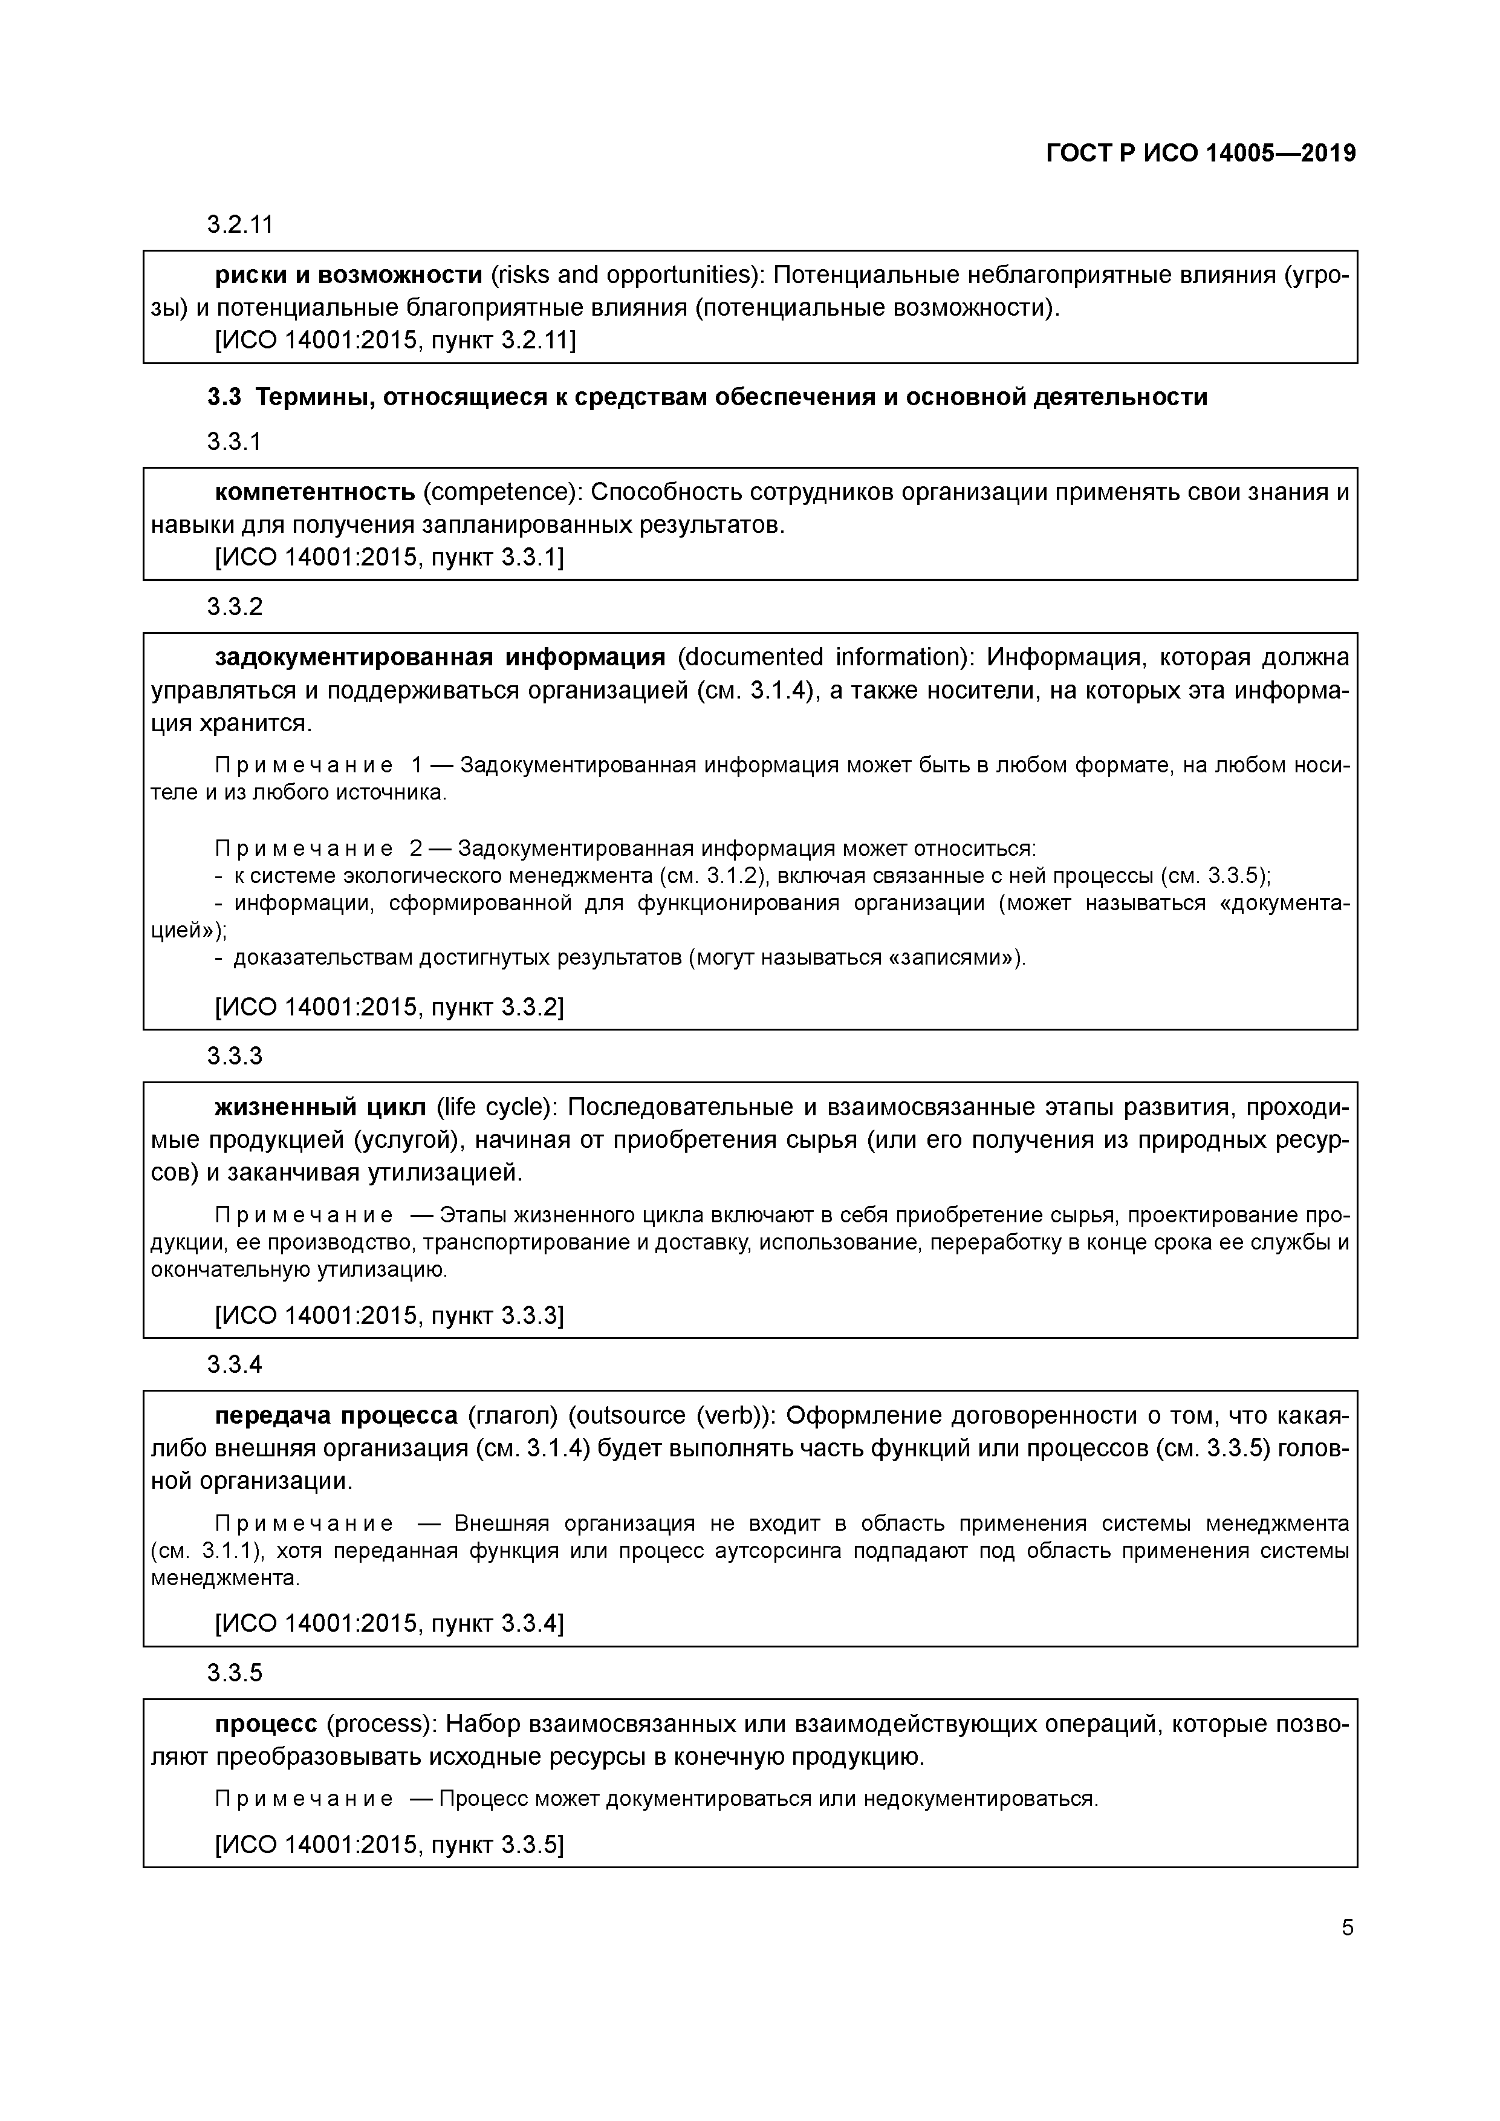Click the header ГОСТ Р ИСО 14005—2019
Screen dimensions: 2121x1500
pos(1201,154)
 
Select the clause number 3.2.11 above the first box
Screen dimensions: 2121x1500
pos(239,224)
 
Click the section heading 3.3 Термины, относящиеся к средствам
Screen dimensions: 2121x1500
pos(707,397)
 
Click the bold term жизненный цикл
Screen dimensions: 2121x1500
pos(320,1107)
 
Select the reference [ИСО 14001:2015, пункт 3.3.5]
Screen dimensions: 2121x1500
pos(389,1845)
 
